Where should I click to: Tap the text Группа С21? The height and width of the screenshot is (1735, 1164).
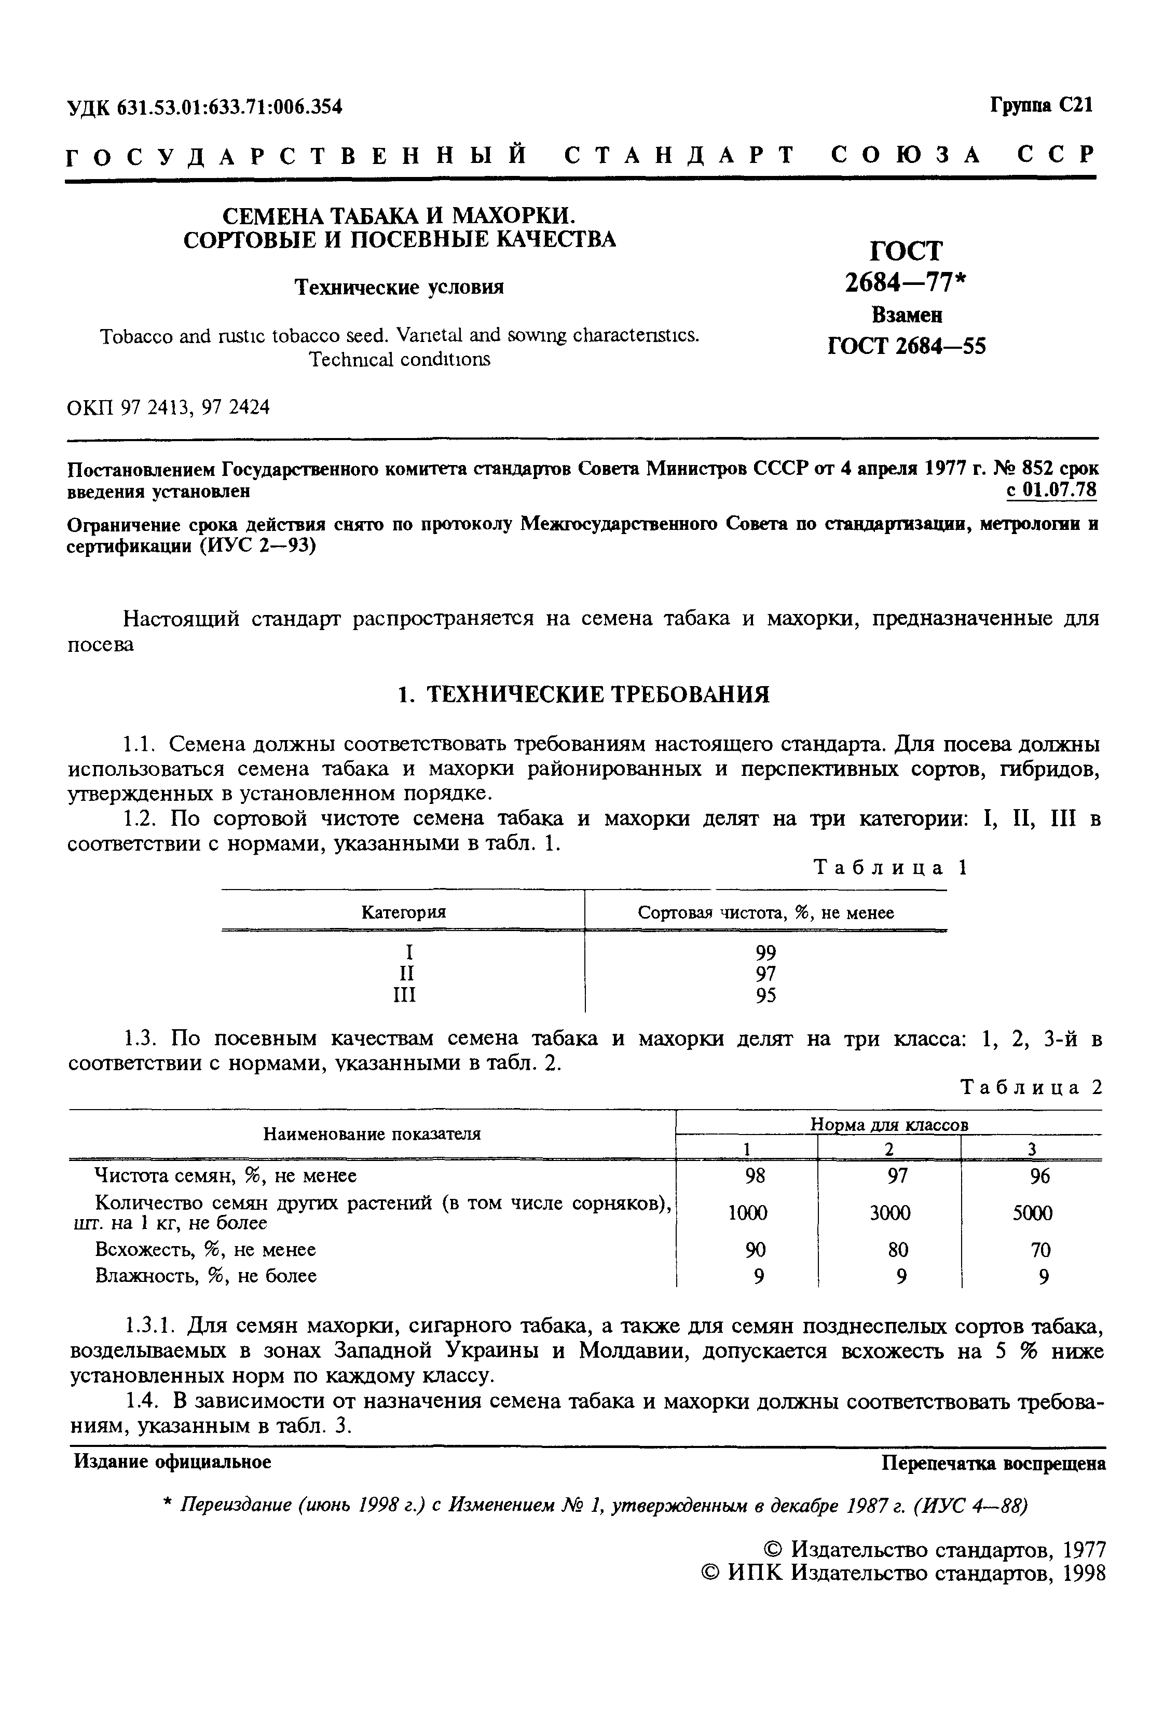[x=1041, y=105]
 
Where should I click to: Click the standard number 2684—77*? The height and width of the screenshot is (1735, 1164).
[x=907, y=283]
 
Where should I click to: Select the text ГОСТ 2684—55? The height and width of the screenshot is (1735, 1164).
[x=907, y=346]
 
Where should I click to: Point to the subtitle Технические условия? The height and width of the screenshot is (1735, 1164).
[x=400, y=288]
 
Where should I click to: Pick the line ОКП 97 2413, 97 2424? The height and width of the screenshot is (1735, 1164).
[x=169, y=407]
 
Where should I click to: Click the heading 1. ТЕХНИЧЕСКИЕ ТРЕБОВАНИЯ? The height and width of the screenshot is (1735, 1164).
[x=583, y=694]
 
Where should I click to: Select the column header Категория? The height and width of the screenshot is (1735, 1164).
[x=403, y=912]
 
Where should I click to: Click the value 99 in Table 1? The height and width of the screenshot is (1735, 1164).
[x=765, y=952]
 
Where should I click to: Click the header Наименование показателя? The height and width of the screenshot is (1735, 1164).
[x=372, y=1133]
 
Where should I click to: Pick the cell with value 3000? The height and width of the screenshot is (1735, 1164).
[x=889, y=1212]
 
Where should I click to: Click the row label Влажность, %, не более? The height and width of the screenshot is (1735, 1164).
[x=206, y=1276]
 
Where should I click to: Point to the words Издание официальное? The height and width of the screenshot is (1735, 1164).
[x=172, y=1462]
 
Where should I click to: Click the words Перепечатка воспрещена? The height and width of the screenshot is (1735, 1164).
[x=993, y=1463]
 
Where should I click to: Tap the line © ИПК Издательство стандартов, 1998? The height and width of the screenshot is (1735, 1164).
[x=902, y=1573]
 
